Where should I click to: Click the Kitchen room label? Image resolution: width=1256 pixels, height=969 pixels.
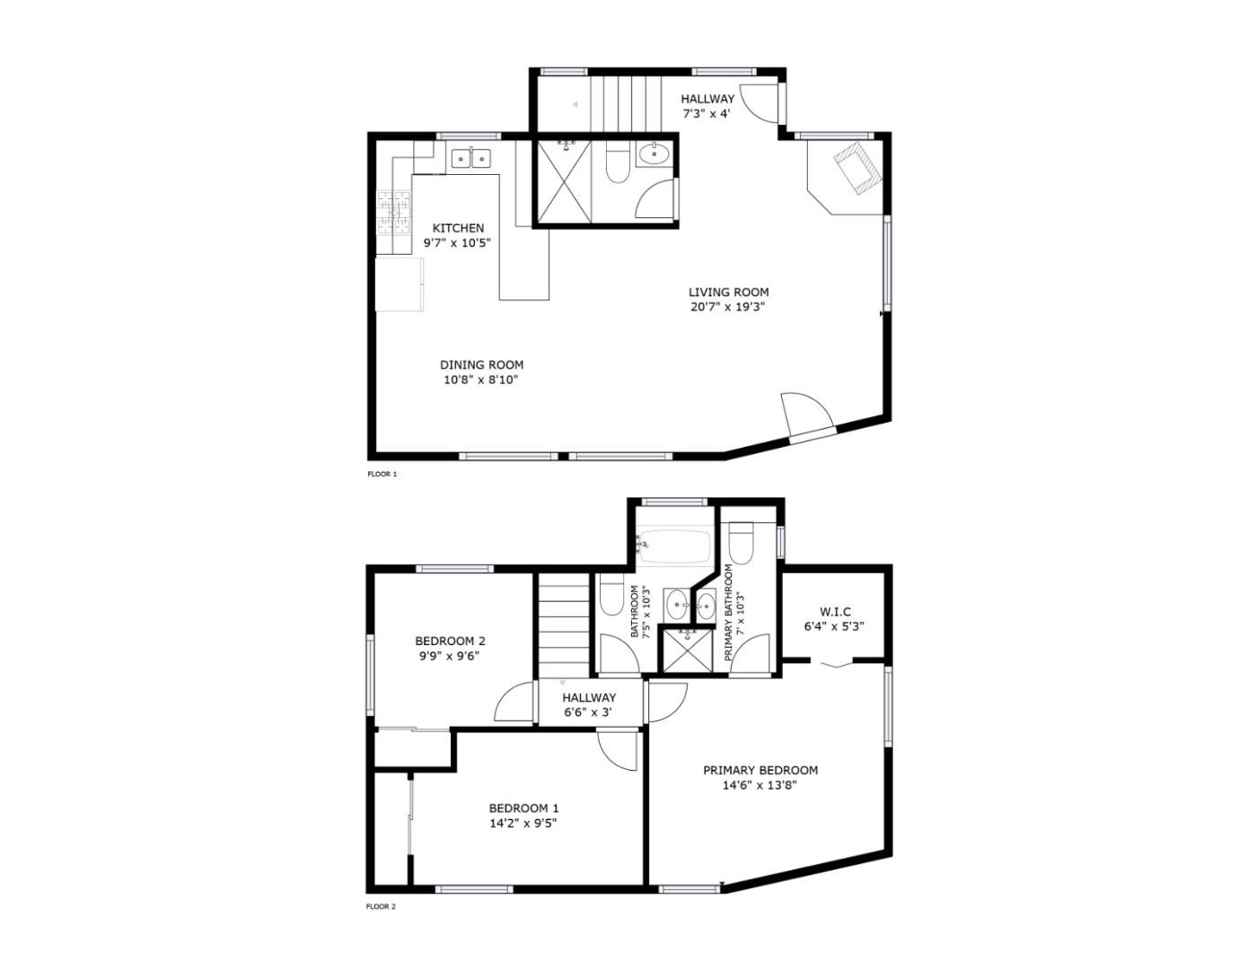coord(458,228)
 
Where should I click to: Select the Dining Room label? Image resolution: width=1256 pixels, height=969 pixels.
coord(481,364)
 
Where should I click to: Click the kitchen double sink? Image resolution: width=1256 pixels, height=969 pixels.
coord(471,159)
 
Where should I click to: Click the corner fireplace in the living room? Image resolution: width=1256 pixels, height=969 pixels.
coord(854,168)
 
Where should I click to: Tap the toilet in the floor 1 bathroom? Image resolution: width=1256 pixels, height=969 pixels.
coord(616,163)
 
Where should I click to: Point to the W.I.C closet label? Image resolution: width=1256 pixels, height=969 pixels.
coord(834,612)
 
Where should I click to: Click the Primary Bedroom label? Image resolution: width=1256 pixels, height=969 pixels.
coord(760,770)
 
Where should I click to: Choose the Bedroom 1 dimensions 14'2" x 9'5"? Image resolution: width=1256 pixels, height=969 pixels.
coord(523,823)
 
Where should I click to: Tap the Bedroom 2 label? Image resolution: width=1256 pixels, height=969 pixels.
coord(450,641)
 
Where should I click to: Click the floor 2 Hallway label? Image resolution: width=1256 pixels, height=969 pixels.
coord(589,697)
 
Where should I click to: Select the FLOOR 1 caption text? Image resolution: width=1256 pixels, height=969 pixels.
coord(382,475)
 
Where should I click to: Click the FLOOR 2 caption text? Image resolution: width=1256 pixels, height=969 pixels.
coord(381,906)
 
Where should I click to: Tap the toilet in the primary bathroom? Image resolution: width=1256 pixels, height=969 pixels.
coord(741,543)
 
